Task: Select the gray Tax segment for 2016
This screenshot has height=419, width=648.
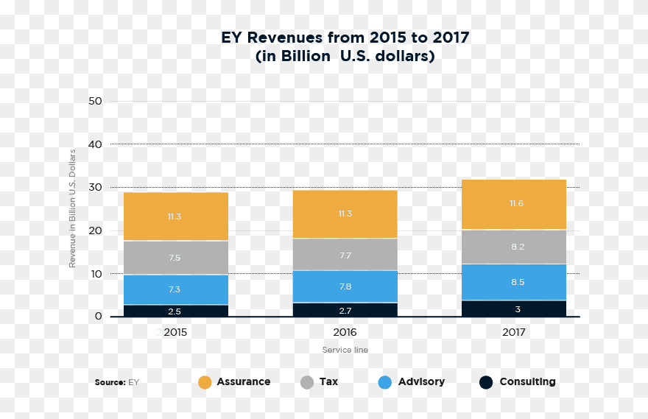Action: point(345,254)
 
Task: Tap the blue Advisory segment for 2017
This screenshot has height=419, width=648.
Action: point(514,281)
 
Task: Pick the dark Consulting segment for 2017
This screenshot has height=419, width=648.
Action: point(514,309)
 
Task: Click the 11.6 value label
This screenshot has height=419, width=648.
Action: point(517,203)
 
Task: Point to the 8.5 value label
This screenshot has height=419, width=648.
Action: point(518,281)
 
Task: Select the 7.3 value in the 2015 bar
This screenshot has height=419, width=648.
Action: point(175,289)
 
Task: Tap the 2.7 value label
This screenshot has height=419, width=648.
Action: point(345,311)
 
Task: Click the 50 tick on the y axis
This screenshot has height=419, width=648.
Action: point(94,101)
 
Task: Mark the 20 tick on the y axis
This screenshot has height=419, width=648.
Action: point(94,230)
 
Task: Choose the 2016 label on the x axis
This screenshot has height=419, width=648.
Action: point(345,332)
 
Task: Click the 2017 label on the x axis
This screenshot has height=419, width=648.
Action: point(514,332)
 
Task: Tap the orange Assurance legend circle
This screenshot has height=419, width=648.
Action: point(205,382)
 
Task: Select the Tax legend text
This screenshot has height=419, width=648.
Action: point(328,381)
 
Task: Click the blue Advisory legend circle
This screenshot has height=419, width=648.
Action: point(384,382)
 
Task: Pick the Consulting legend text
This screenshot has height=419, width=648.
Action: point(527,381)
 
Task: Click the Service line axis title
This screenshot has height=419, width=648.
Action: point(345,350)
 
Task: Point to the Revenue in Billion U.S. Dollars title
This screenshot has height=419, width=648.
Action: point(72,208)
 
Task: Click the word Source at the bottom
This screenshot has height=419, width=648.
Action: point(109,382)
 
